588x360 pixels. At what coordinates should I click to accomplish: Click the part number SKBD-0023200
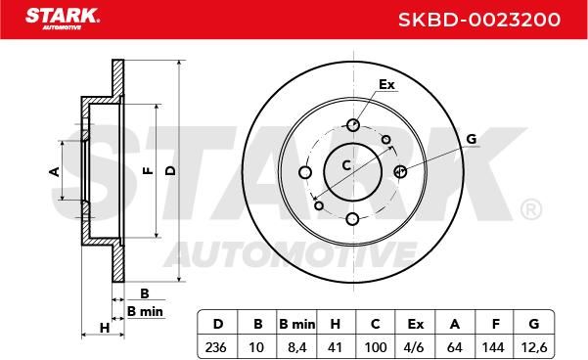pyautogui.click(x=479, y=20)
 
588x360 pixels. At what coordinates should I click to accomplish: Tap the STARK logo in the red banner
pyautogui.click(x=63, y=19)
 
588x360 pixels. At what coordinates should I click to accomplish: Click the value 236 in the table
pyautogui.click(x=215, y=347)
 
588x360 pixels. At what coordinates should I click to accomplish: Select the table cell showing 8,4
pyautogui.click(x=297, y=347)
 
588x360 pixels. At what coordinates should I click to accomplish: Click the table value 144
pyautogui.click(x=493, y=347)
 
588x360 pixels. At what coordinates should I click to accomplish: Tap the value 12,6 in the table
pyautogui.click(x=534, y=347)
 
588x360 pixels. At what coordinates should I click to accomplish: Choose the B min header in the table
pyautogui.click(x=297, y=324)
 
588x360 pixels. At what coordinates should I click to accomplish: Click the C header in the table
pyautogui.click(x=375, y=324)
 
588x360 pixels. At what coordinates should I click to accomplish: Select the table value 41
pyautogui.click(x=335, y=347)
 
